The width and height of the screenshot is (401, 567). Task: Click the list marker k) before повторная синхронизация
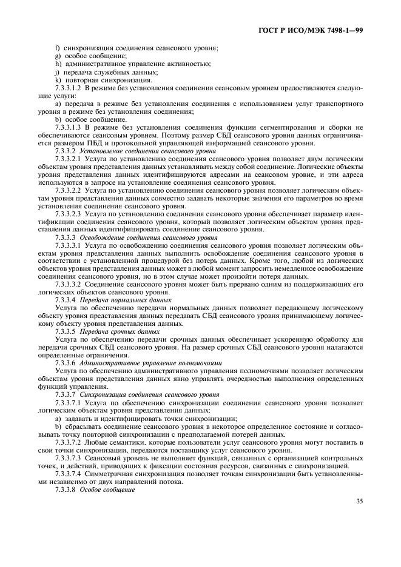coord(57,80)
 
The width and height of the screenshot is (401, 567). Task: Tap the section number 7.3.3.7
coord(66,395)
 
